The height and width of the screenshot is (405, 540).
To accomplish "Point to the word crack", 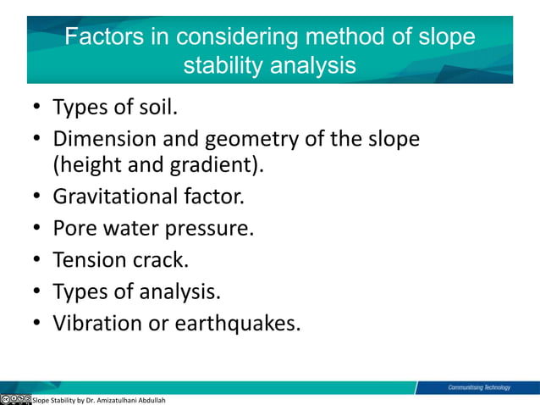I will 160,258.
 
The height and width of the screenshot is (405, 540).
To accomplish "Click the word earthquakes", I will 237,323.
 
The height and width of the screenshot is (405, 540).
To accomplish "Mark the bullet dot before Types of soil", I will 38,109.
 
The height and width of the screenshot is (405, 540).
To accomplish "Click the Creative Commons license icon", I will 16,398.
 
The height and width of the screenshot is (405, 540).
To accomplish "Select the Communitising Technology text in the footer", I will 479,387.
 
